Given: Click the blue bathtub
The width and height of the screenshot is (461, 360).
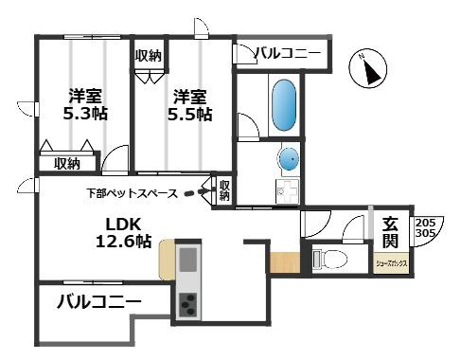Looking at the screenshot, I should pos(284,107).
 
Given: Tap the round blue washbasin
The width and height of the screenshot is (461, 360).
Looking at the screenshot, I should pos(289,157).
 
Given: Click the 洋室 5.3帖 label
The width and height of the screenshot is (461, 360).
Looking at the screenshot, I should pos(86,105).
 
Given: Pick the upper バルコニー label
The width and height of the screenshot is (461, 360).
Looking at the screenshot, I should pos(290,54).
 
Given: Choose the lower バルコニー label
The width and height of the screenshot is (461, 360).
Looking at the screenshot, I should pos(98,303).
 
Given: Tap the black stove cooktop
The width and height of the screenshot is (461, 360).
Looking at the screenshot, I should pos(187,305).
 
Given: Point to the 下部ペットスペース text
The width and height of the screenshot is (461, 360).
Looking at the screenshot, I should pos(132,193).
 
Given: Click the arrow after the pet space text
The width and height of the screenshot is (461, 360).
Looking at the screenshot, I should pos(197,193).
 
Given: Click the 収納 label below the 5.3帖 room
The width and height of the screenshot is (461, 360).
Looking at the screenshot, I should pos(66,163).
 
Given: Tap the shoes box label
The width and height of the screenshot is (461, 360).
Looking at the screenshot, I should pos(389,263).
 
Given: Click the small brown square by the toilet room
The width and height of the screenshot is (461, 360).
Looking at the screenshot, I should pos(283,261).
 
